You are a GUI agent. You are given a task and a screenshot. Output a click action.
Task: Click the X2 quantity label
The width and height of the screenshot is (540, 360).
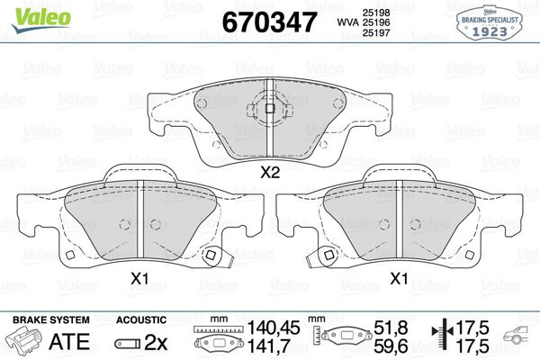click(269, 174)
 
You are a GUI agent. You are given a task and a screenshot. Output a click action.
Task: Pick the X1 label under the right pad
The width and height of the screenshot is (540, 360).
click(399, 279)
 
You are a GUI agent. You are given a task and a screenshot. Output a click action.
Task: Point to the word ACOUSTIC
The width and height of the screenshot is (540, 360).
click(141, 320)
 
